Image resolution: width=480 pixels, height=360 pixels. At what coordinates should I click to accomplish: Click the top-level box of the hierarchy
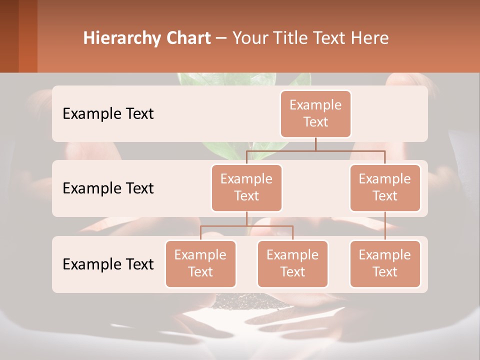pos(315,114)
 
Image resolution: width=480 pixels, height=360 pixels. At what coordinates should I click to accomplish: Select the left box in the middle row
pos(246,188)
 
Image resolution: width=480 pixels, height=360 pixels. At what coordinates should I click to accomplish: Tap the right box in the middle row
pos(385,188)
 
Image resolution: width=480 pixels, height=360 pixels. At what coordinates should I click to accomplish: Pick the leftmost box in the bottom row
pos(200,264)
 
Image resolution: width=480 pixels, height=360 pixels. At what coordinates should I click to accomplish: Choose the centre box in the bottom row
pos(292,264)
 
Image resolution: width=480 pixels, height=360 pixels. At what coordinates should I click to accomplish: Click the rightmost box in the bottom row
pos(385,264)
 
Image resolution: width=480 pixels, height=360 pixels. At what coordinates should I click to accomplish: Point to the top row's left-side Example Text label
pos(108,114)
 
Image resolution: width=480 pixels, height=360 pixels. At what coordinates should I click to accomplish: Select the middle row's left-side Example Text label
pos(108,188)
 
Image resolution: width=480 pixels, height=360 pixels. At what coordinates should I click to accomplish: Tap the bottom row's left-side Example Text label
pos(108,264)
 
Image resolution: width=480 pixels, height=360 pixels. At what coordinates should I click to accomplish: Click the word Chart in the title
pos(187,38)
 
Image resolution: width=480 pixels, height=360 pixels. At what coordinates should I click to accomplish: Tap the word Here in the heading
pos(370,38)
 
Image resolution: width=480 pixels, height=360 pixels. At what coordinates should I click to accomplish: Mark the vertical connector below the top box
pos(315,144)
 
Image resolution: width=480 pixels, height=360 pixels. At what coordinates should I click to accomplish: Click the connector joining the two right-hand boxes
pos(385,225)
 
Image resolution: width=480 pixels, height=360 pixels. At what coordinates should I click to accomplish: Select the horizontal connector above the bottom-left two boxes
pos(246,226)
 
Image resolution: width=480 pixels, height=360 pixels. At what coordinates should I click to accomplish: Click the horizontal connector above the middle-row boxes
pos(315,150)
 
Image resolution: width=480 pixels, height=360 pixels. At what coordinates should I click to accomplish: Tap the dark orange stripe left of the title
pos(28,36)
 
